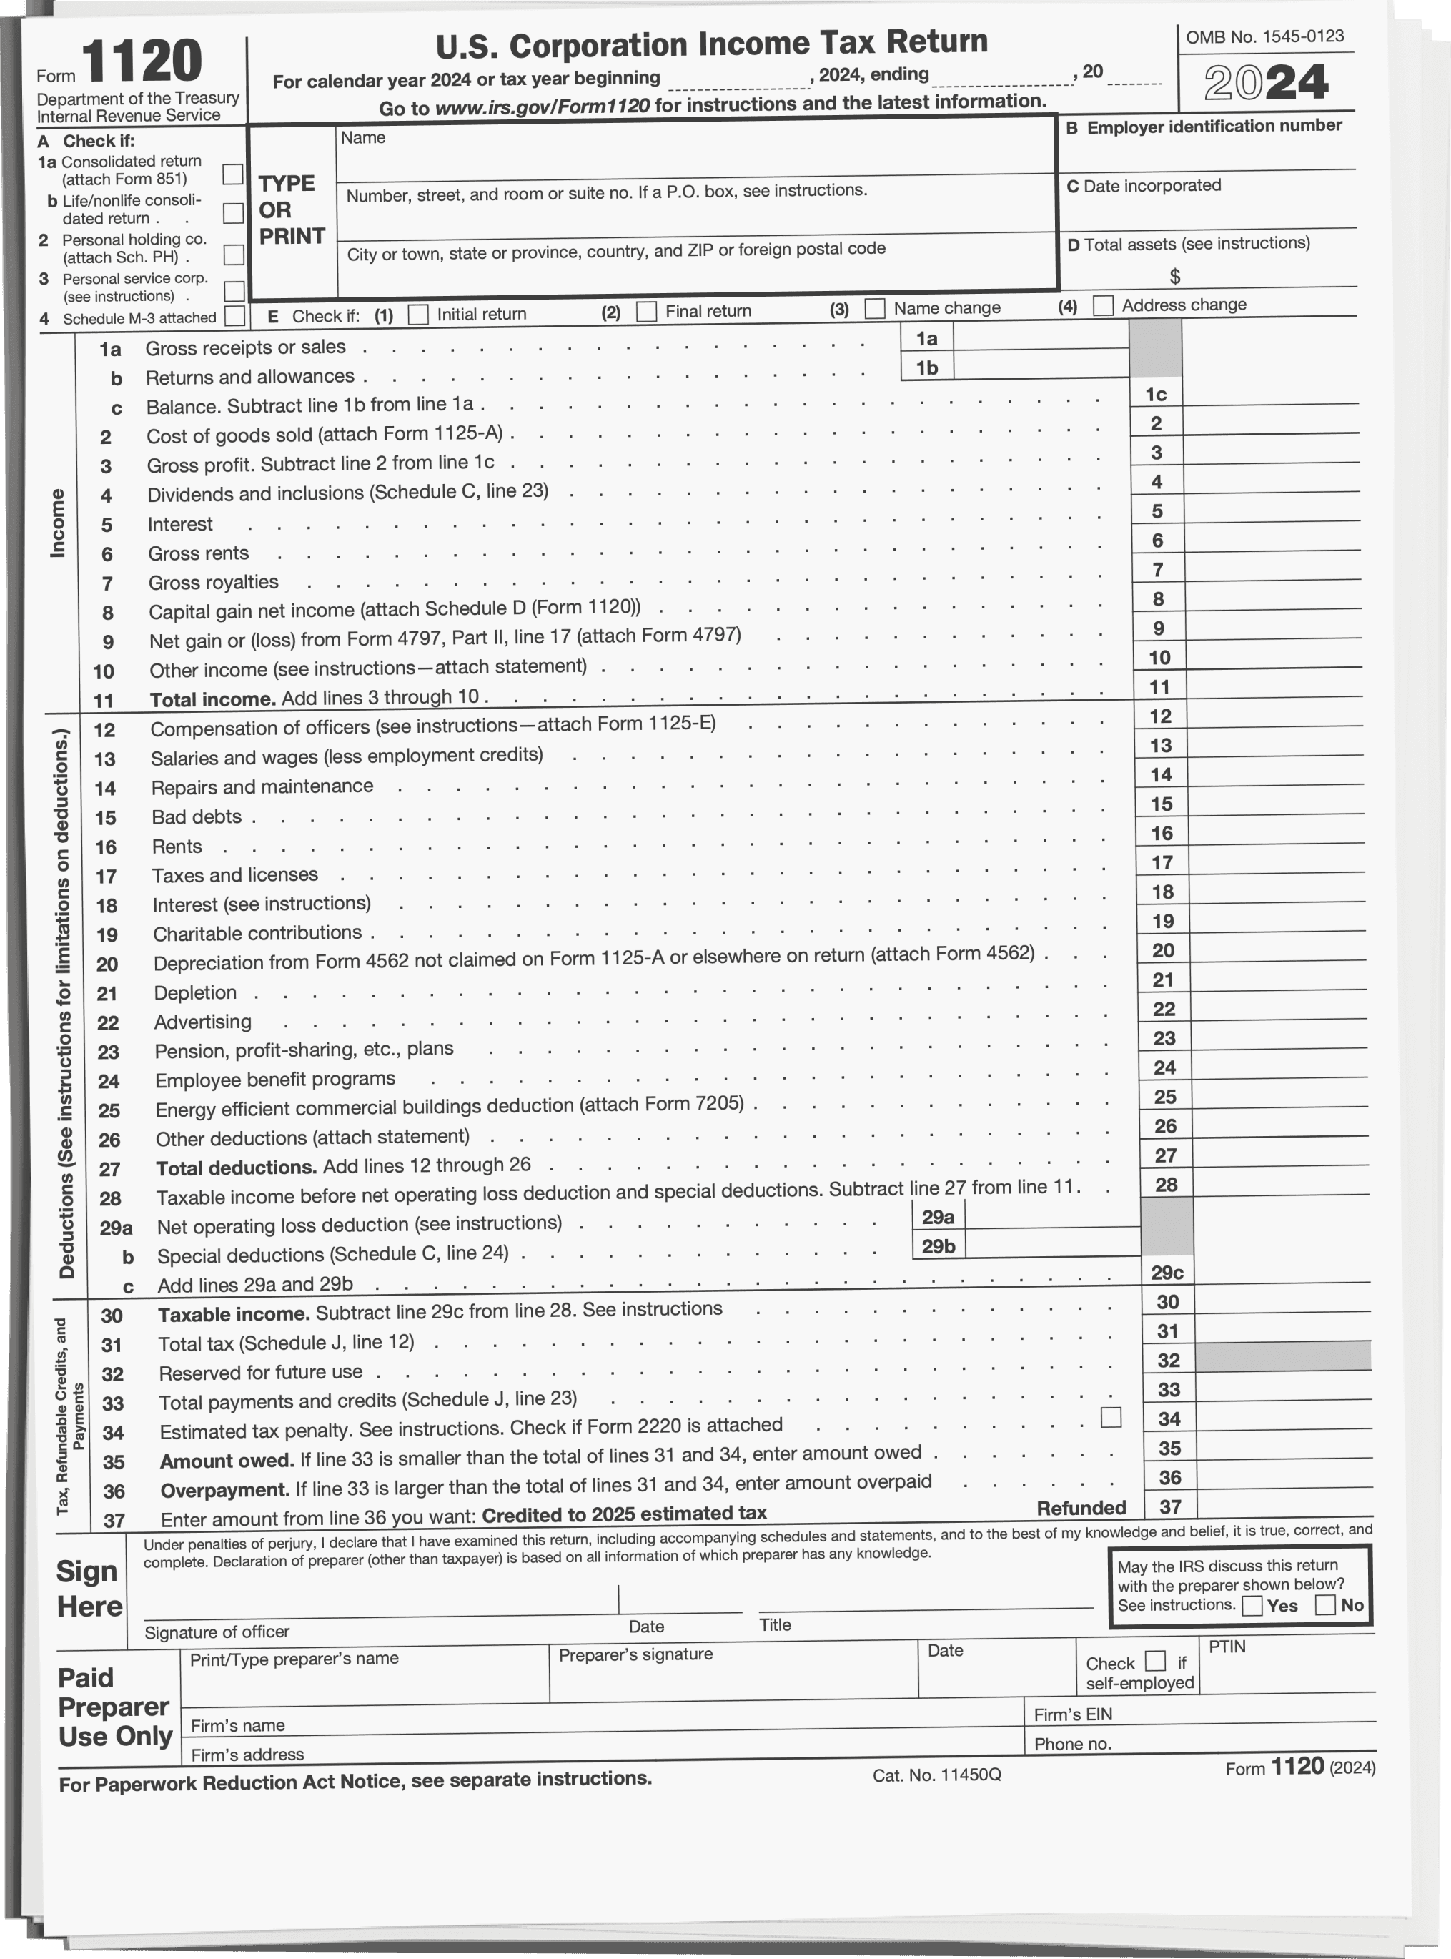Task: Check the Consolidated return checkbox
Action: (233, 174)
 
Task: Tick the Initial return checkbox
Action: (419, 315)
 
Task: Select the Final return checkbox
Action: (646, 312)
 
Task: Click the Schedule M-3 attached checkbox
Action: (234, 315)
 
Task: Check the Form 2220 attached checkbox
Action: (1111, 1417)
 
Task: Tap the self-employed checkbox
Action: (1156, 1661)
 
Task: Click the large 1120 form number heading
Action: (142, 61)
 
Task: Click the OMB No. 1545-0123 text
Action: (1264, 37)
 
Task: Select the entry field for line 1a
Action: (1040, 337)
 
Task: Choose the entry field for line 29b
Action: (1051, 1244)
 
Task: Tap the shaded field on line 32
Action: (1282, 1356)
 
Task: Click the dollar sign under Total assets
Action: (1174, 277)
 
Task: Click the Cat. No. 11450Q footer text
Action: (936, 1775)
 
